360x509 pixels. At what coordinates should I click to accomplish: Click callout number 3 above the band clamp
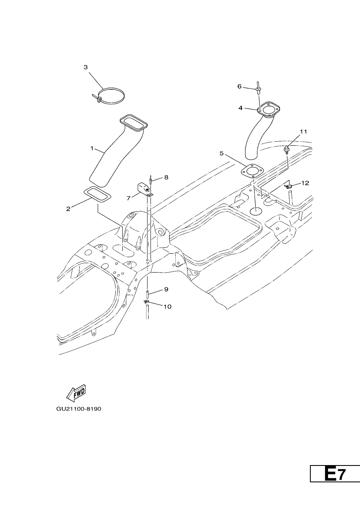[86, 67]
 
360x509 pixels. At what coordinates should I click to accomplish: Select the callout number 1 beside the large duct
[92, 148]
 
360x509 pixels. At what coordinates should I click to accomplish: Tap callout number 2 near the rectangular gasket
[68, 209]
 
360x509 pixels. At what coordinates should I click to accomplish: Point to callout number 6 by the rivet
[239, 86]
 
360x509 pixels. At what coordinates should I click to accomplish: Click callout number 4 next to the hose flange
[241, 108]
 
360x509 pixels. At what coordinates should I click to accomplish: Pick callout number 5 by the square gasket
[222, 154]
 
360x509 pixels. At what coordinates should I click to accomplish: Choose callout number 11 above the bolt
[303, 132]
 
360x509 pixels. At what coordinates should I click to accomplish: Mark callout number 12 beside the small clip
[305, 183]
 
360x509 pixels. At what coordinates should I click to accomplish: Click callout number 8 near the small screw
[166, 177]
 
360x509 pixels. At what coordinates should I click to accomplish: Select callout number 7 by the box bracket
[128, 198]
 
